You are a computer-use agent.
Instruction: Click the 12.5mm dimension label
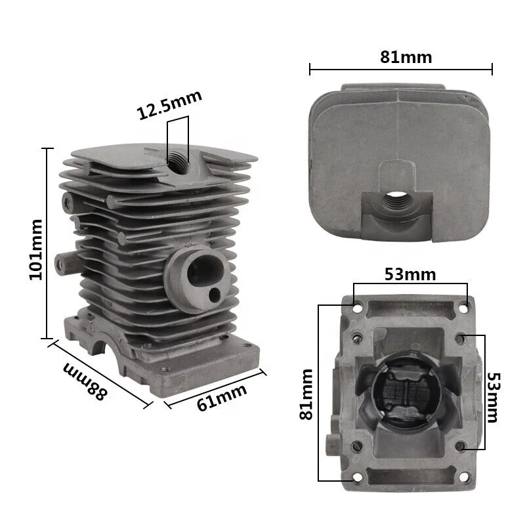point(169,105)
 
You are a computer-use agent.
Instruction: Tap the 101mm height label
point(36,249)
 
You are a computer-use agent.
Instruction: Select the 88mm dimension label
point(85,381)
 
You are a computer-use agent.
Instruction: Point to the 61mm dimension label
point(222,397)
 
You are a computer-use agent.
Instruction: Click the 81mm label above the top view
point(406,57)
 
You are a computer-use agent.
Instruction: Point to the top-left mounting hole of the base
point(356,306)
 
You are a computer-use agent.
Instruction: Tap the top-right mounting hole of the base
point(465,306)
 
